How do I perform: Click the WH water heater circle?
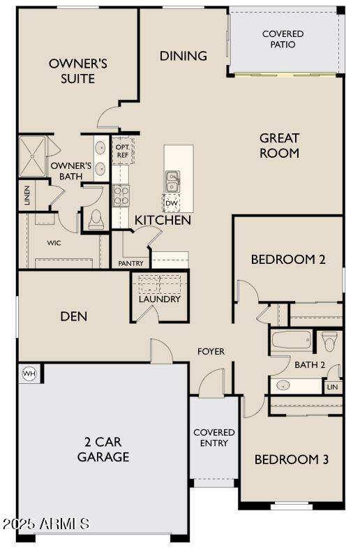(29, 373)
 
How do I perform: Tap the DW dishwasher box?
(171, 203)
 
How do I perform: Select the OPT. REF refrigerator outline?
(123, 151)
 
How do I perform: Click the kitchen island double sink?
(172, 181)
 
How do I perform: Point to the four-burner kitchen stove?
(121, 195)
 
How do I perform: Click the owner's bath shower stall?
(33, 156)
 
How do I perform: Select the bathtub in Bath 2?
(292, 340)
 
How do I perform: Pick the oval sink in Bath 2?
(283, 385)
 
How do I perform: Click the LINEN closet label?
(27, 195)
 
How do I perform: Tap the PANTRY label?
(130, 263)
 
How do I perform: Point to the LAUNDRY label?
(160, 299)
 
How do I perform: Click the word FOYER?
(211, 351)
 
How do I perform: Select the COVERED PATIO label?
(283, 39)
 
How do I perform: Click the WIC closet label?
(54, 242)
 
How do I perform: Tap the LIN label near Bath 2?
(332, 387)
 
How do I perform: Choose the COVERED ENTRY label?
(214, 438)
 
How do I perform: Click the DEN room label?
(74, 316)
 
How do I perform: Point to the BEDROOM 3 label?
(292, 459)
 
